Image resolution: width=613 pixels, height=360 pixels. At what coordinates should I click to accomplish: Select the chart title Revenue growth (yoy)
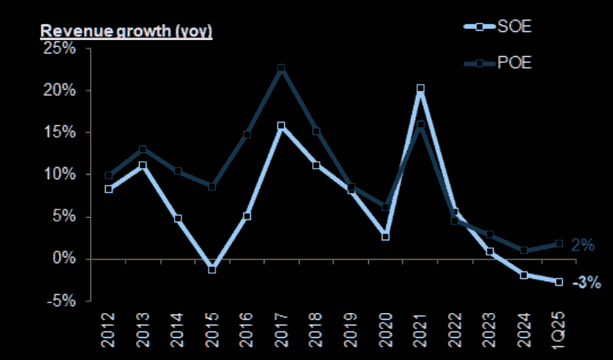[126, 32]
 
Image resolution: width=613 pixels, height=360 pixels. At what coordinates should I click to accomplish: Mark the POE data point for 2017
[281, 69]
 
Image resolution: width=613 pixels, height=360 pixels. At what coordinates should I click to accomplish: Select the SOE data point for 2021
[420, 89]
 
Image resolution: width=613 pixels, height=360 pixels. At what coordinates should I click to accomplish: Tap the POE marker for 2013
[143, 150]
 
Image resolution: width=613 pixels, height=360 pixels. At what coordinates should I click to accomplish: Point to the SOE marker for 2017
[281, 126]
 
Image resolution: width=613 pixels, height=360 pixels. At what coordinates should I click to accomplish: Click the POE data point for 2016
[247, 135]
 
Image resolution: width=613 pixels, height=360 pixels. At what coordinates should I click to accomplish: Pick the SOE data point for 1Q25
[559, 282]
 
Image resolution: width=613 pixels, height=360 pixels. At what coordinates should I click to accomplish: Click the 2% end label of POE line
[583, 245]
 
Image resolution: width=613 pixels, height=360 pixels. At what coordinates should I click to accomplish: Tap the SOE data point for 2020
[385, 237]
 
